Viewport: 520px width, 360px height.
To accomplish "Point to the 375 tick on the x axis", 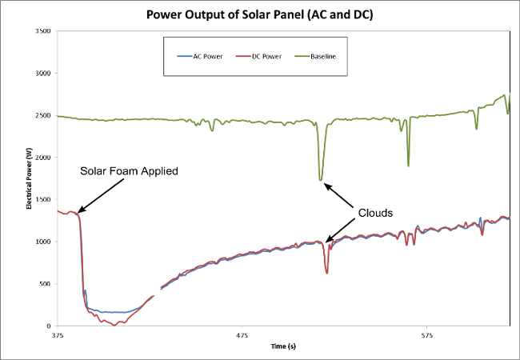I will coord(57,335).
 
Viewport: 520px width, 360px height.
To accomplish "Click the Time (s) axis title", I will coord(282,346).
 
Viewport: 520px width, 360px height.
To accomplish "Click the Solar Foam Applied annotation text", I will coord(128,170).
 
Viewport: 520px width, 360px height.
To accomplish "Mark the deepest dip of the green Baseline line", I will coord(321,180).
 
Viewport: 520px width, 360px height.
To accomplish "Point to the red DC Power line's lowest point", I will coord(114,325).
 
